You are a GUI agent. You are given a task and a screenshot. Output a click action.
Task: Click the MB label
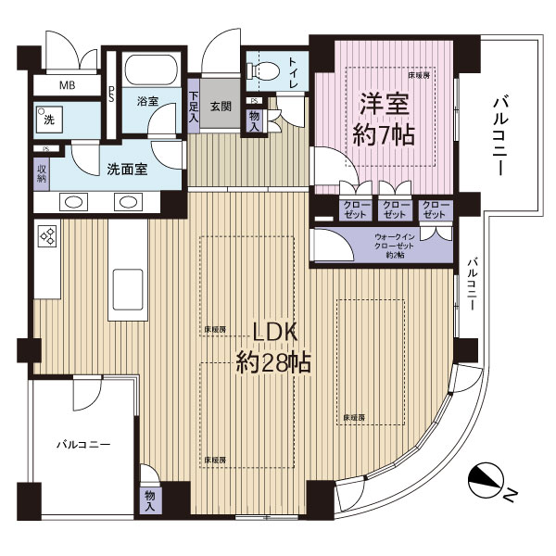point(66,86)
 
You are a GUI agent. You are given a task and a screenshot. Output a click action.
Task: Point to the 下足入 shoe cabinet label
point(194,107)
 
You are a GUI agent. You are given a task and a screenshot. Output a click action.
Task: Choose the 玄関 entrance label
point(220,106)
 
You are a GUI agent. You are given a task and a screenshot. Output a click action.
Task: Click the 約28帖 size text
point(272,361)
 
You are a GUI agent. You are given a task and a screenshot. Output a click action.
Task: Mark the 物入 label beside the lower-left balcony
point(150,501)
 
